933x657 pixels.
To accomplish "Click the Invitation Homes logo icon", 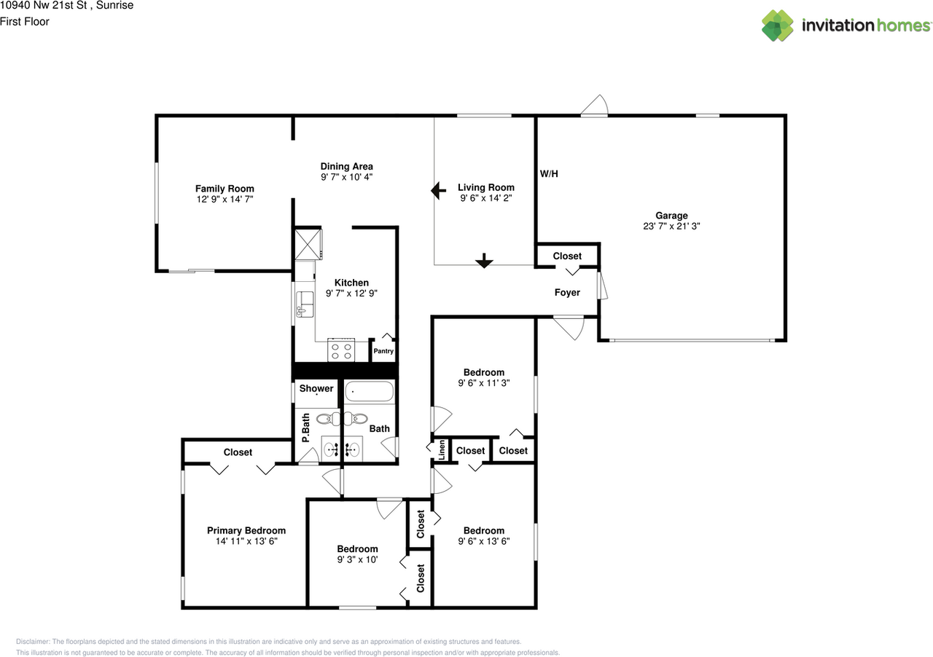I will tap(778, 25).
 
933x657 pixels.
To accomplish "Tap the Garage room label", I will tap(671, 216).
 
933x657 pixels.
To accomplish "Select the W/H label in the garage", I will tap(550, 174).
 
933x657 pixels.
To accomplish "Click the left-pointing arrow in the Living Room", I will tap(438, 191).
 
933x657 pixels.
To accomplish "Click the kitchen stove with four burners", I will tap(341, 351).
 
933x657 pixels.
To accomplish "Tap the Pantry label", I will tap(383, 351).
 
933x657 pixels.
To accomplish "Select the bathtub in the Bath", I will tap(369, 393).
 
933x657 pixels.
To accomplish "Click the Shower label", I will tap(316, 388).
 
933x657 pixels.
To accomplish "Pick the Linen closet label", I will tap(442, 450).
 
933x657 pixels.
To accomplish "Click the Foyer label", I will tap(567, 293).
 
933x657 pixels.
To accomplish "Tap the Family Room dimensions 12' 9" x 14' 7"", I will tap(225, 199).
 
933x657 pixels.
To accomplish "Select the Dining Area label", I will tap(346, 166).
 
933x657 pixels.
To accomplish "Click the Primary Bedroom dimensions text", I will tap(246, 541).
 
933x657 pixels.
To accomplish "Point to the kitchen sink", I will tap(304, 304).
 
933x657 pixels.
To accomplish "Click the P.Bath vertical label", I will tap(306, 429).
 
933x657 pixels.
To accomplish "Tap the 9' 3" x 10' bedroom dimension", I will tap(357, 559).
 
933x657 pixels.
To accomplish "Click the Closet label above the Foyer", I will tap(567, 256).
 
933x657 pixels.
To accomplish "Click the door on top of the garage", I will tap(595, 107).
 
